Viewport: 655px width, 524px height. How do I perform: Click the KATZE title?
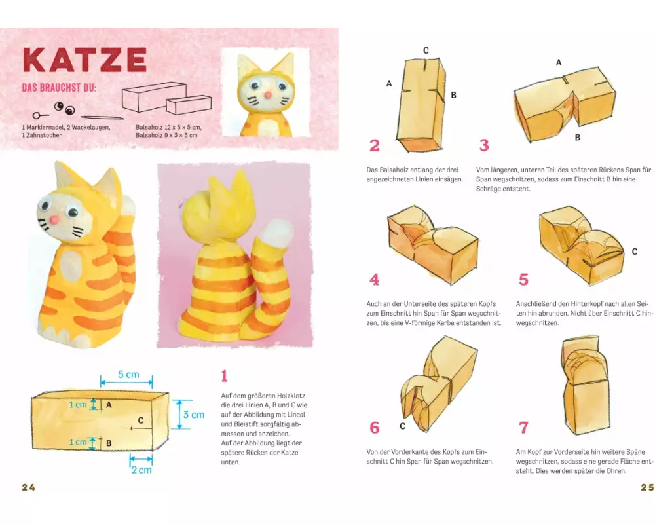(x=84, y=60)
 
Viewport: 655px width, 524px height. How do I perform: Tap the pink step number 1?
(x=224, y=376)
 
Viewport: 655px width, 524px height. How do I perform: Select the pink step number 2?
(x=374, y=145)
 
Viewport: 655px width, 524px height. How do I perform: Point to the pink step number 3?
(x=484, y=145)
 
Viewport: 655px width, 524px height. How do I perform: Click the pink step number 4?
(x=374, y=280)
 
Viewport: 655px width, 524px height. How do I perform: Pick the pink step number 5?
(x=523, y=280)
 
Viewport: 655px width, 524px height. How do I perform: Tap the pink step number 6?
(x=374, y=428)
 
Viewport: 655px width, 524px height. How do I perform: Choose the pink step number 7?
(x=523, y=428)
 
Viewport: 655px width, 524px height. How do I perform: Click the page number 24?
(x=28, y=487)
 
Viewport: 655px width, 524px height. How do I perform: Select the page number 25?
(x=647, y=487)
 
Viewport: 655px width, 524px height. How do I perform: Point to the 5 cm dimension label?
(x=128, y=375)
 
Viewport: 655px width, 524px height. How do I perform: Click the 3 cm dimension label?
(x=194, y=415)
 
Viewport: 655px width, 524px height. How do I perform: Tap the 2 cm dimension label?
(x=141, y=470)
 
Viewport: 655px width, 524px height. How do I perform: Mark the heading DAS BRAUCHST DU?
(x=59, y=88)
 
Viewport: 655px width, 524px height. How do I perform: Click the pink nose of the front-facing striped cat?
(x=54, y=220)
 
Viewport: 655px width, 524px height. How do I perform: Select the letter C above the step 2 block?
(x=426, y=50)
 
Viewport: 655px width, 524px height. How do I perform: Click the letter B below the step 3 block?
(x=577, y=137)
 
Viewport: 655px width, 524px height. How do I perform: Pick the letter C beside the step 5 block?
(x=635, y=252)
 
